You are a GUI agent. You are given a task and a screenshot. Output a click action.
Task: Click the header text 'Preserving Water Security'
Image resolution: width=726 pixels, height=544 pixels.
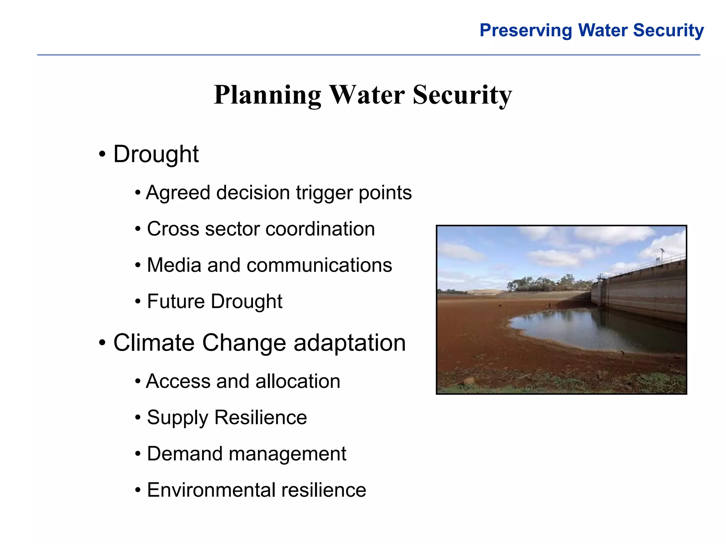point(591,30)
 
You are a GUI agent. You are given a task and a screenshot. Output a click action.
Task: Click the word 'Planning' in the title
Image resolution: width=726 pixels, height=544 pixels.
point(268,95)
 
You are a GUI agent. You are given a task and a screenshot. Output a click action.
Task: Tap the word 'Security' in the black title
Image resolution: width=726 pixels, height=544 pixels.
point(462,95)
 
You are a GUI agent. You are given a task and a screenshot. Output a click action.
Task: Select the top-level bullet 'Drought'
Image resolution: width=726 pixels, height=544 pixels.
point(156,154)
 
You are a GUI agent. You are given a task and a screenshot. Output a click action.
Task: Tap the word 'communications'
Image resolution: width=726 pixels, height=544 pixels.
point(319,265)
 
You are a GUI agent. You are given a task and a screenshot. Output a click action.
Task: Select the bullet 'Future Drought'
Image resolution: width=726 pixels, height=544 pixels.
point(214,301)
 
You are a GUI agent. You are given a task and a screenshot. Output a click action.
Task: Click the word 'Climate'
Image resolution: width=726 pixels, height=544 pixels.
point(154,343)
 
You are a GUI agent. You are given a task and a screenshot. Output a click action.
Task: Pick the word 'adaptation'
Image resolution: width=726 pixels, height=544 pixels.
point(350,343)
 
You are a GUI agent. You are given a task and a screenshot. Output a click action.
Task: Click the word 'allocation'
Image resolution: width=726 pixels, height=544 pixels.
point(298,381)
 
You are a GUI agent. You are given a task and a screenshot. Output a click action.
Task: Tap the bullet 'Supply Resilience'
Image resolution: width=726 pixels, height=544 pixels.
point(227,418)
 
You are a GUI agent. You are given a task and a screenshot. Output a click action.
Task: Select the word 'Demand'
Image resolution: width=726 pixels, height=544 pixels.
point(184,454)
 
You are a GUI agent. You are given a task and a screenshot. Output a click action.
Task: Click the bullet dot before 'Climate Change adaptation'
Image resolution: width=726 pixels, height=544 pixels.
point(102,343)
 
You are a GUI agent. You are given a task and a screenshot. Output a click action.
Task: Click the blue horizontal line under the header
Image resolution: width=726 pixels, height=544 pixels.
point(369,55)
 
